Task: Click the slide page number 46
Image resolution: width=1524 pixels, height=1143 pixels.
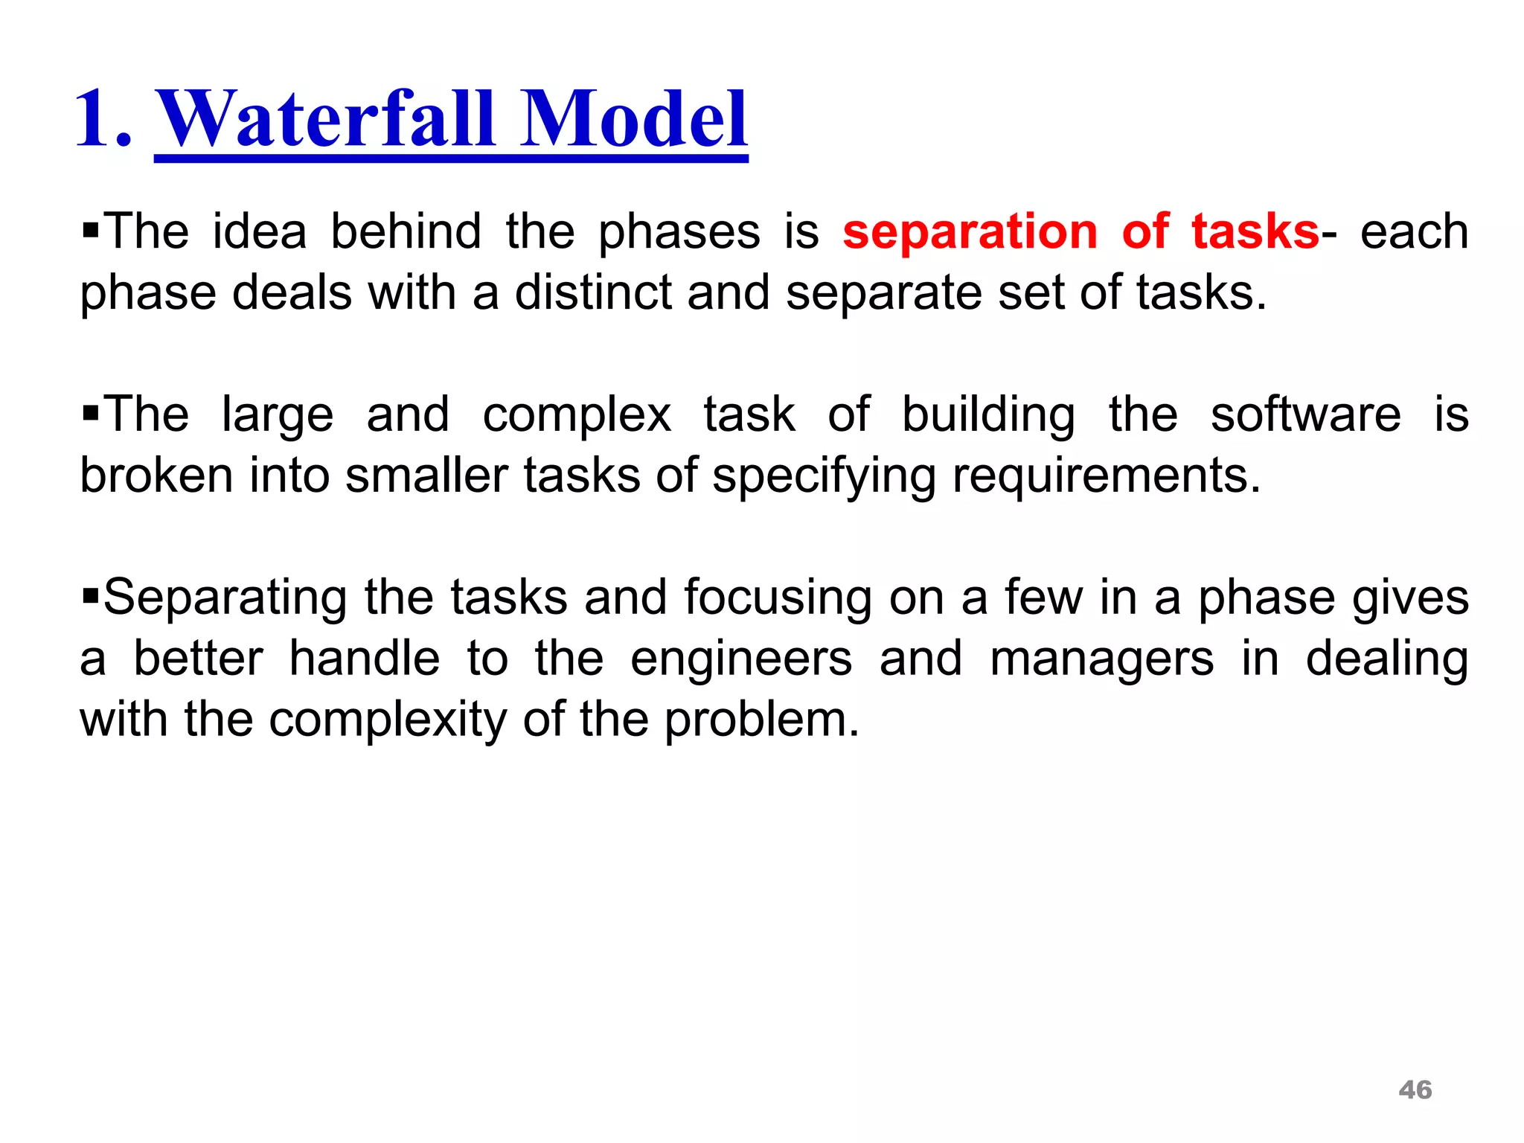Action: [1415, 1090]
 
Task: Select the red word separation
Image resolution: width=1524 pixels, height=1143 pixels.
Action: [970, 232]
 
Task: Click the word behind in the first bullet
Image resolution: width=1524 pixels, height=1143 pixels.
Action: [406, 232]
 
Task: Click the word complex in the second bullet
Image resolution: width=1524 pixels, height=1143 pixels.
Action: [577, 416]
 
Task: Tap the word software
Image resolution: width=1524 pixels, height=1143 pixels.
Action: [1305, 414]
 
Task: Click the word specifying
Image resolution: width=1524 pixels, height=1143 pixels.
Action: [824, 477]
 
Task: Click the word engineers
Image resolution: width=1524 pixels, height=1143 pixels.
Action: [741, 660]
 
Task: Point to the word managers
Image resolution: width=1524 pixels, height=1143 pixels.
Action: [1101, 660]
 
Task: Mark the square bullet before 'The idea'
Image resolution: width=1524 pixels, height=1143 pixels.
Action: [90, 227]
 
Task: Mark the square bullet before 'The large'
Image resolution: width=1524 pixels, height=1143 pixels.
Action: [90, 411]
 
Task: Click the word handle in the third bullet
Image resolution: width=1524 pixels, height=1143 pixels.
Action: [365, 659]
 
